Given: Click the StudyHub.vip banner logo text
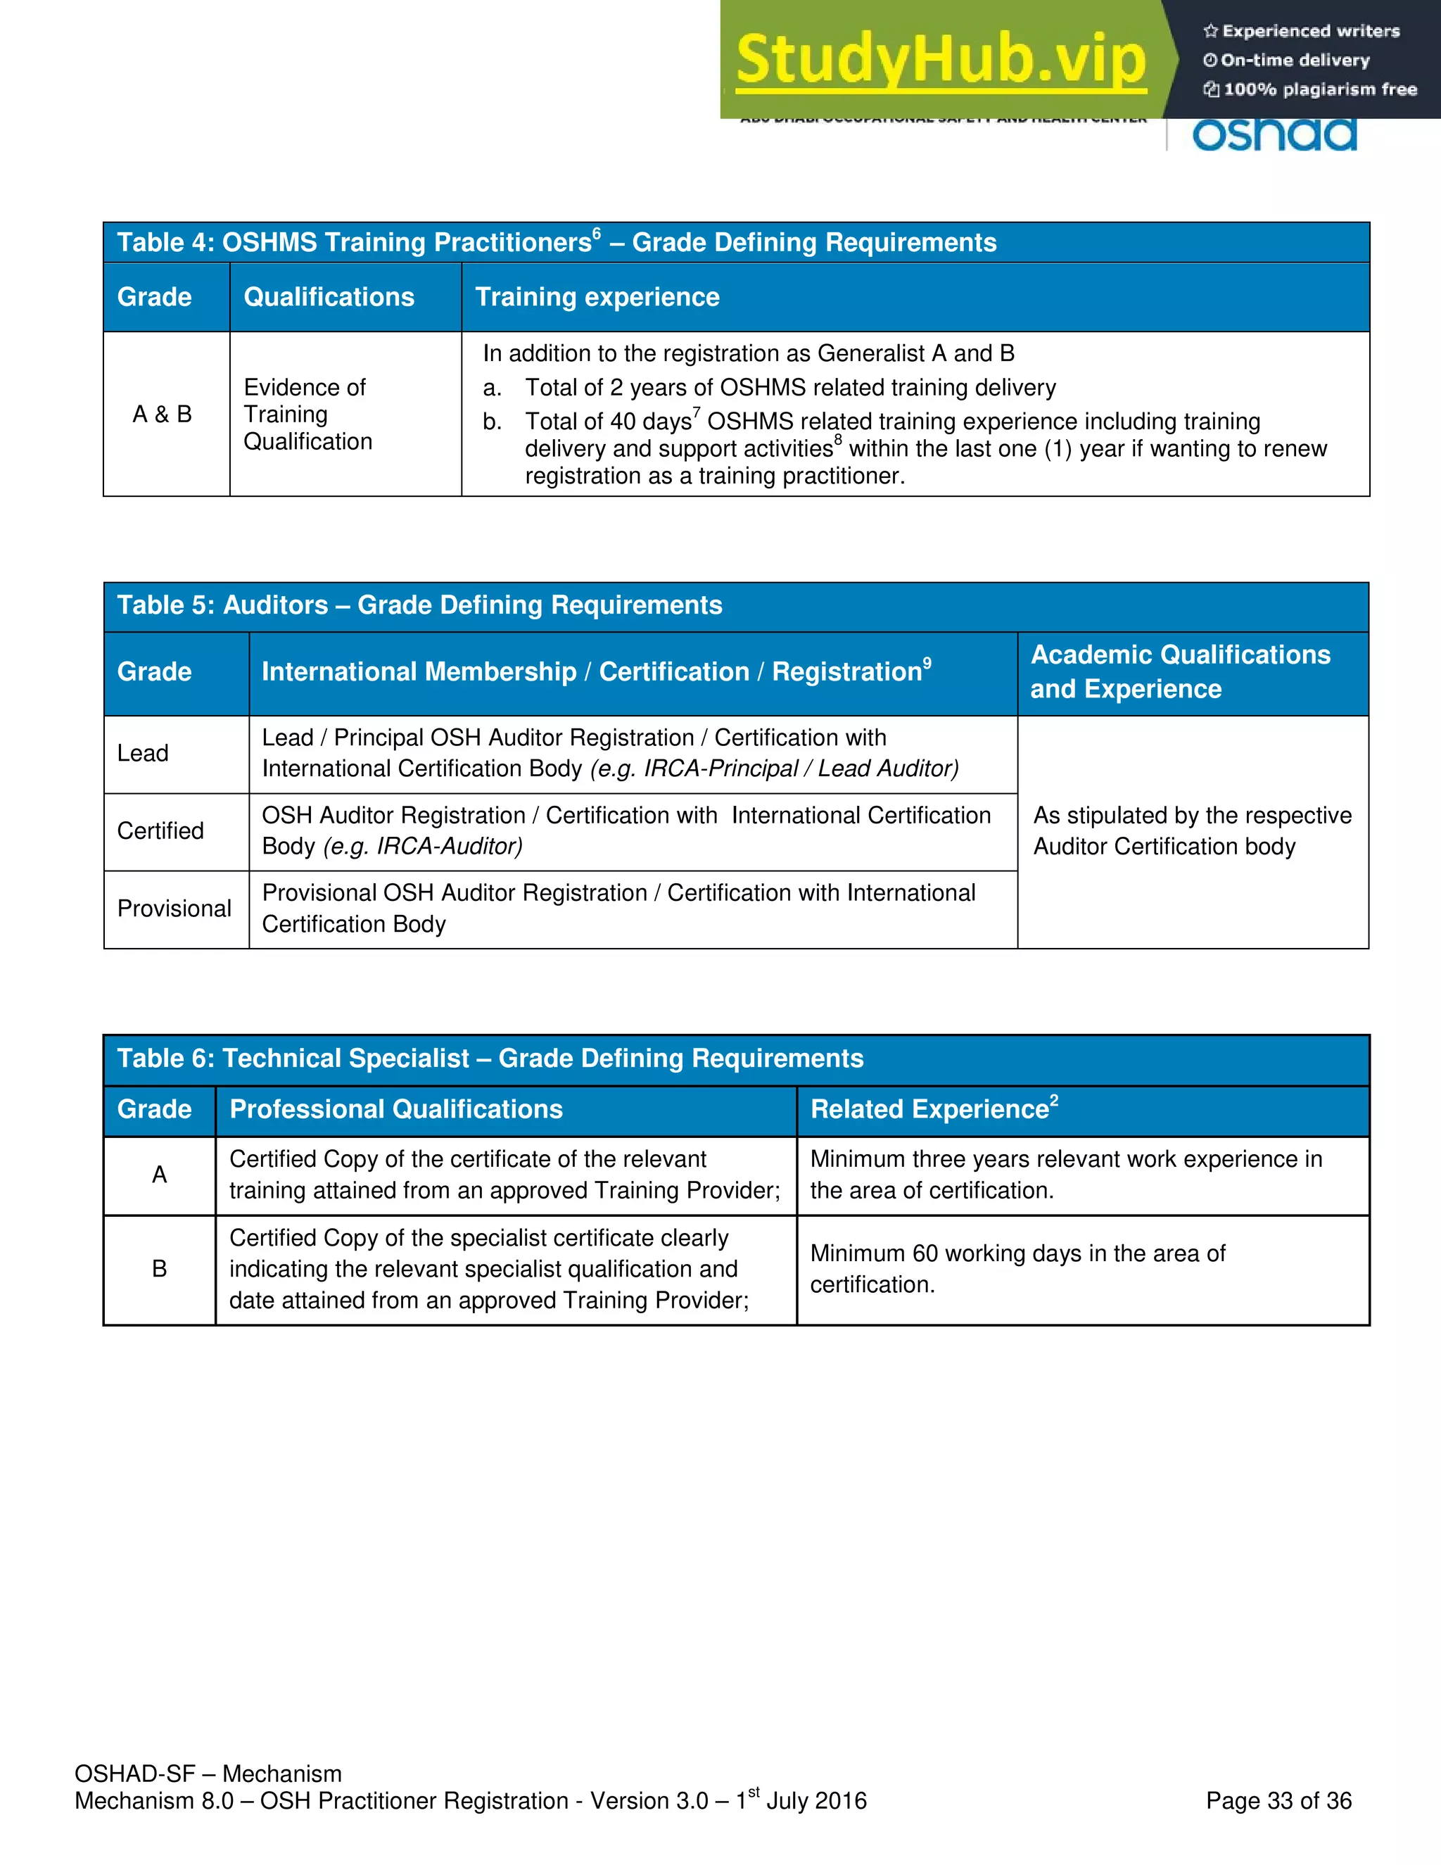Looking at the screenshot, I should coord(940,60).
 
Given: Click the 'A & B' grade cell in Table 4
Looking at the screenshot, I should coord(163,414).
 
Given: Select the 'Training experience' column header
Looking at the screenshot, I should coord(597,297).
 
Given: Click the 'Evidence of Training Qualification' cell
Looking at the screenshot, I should coord(307,414).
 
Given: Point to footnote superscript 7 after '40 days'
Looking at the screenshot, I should coord(697,412).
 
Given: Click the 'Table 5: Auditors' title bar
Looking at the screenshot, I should coord(419,605).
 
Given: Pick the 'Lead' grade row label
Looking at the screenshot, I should coord(143,753).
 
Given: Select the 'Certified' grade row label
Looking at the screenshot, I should coord(160,831).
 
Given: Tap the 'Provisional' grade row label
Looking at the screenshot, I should coord(174,909).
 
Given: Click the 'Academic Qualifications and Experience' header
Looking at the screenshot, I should coord(1180,672).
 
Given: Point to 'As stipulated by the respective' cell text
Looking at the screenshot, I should coord(1192,816).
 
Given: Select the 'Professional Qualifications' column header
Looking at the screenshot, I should coord(396,1109).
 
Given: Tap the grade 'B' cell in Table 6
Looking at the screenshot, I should coord(160,1269).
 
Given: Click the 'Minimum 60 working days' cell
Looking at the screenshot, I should coord(1017,1269).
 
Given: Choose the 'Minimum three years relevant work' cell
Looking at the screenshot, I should coord(1065,1174).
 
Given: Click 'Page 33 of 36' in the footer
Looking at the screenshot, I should coord(1278,1801).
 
